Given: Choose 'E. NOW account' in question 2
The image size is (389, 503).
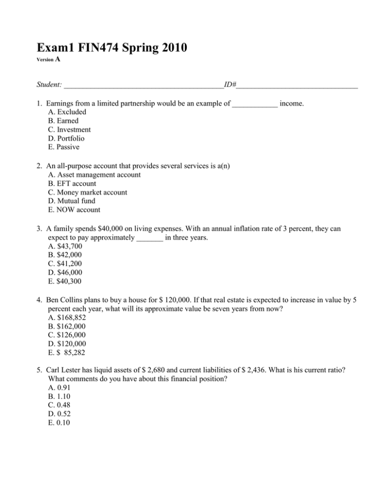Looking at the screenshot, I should pyautogui.click(x=73, y=210).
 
